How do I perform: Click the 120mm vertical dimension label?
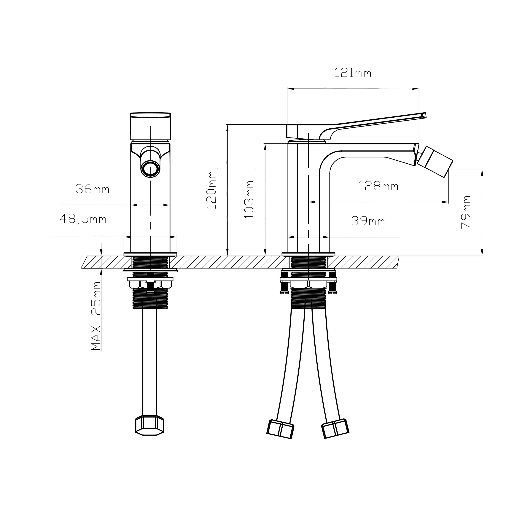pos(211,190)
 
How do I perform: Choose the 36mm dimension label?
pos(92,189)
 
